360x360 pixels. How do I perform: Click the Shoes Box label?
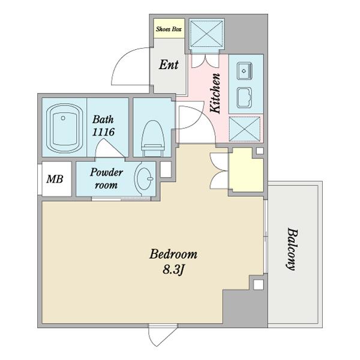[169, 29]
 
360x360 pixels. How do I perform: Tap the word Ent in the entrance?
[169, 65]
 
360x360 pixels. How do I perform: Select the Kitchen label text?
[215, 93]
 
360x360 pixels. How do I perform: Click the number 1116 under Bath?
[103, 132]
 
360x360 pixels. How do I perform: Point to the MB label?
[55, 179]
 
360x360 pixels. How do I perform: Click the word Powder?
[106, 172]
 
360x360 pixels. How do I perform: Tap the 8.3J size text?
[173, 269]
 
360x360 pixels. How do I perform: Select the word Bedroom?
[173, 254]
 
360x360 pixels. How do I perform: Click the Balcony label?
[292, 250]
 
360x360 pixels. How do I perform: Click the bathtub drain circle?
[63, 118]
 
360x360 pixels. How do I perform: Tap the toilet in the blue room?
[153, 139]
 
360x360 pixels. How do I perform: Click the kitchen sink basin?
[244, 98]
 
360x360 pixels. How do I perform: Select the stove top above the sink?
[245, 71]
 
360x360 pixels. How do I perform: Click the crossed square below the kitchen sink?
[245, 129]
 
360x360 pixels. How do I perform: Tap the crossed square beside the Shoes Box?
[206, 34]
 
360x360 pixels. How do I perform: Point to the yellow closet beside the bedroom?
[246, 170]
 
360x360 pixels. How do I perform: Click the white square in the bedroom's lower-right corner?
[259, 284]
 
